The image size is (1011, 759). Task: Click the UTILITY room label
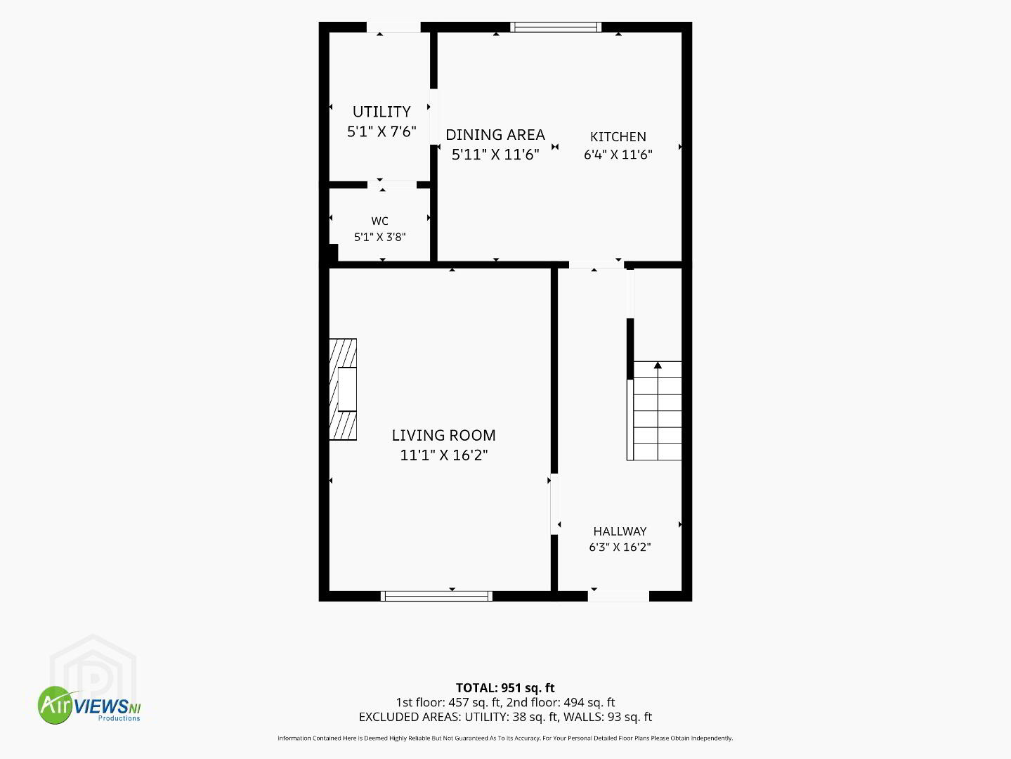click(381, 112)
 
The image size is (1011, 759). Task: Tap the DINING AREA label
click(495, 135)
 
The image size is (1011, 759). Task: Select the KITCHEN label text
click(618, 137)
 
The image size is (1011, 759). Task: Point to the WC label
click(379, 221)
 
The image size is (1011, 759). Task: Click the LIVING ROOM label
click(443, 435)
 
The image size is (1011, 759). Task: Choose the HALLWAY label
click(620, 531)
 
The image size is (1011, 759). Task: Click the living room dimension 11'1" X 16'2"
click(443, 455)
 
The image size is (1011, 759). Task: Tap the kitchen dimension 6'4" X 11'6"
click(618, 155)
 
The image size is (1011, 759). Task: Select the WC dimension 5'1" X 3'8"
click(379, 238)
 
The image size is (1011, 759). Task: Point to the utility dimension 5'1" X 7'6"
click(381, 131)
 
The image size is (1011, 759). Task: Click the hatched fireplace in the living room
click(343, 389)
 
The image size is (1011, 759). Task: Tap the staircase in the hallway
click(654, 411)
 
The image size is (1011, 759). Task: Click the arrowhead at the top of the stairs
click(658, 365)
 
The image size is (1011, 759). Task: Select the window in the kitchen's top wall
click(556, 27)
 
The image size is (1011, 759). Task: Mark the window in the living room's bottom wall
click(436, 596)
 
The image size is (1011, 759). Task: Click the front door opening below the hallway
click(618, 596)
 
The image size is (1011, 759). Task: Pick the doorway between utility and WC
click(392, 185)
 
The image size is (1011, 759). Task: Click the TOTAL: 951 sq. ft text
click(505, 688)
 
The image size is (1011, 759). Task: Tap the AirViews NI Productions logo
click(89, 705)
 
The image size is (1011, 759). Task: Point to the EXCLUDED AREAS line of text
click(505, 717)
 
